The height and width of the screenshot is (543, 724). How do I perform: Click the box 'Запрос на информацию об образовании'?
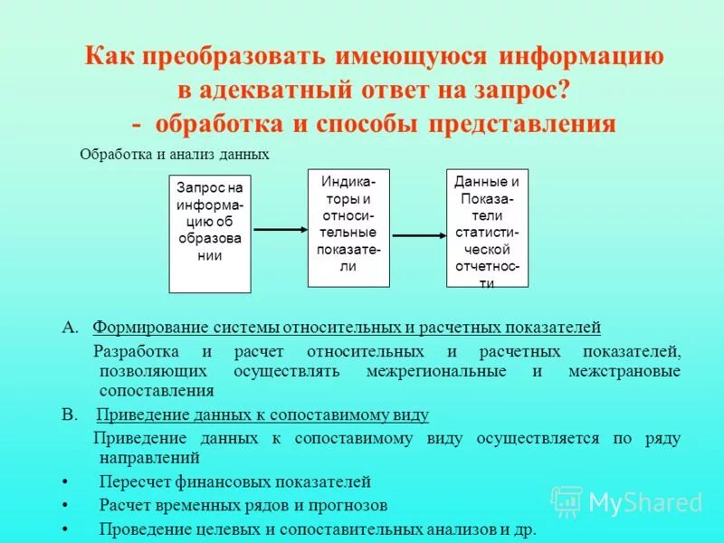pos(210,233)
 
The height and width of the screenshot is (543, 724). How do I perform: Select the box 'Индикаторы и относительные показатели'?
pos(348,227)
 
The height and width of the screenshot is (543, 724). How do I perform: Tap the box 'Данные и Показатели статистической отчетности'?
pos(487,227)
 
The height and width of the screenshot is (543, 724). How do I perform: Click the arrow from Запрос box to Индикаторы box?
pos(280,230)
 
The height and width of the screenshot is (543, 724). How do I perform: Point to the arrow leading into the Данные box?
pos(419,236)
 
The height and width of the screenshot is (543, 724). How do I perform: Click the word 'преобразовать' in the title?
pos(222,57)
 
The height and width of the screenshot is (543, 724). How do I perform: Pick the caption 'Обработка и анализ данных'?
pos(175,155)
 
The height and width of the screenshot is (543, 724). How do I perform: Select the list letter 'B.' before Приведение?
pos(69,415)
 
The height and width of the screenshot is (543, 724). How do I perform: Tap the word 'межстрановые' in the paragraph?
pos(625,371)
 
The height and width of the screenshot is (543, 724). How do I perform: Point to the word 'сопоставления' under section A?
pos(157,392)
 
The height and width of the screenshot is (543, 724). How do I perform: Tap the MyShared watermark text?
pos(644,502)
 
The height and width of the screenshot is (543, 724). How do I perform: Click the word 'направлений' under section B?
pos(148,459)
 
